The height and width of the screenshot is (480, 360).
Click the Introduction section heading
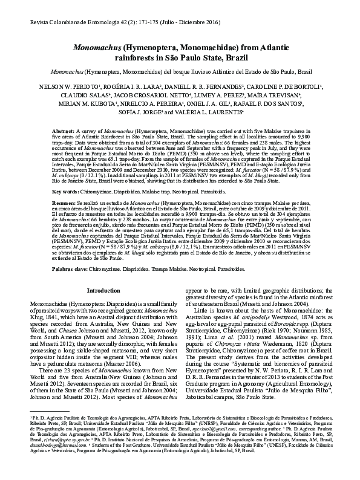(x=104, y=291)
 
